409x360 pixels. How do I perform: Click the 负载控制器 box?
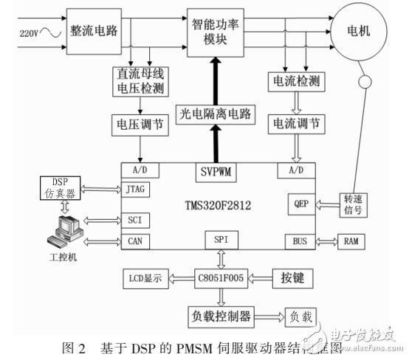pos(221,317)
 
